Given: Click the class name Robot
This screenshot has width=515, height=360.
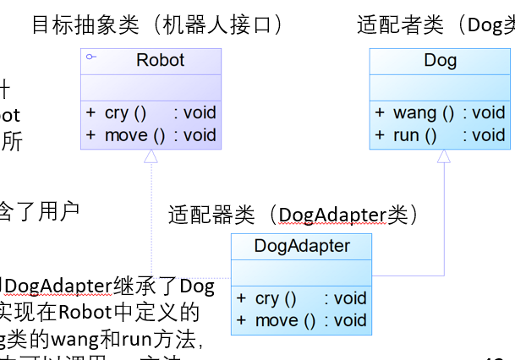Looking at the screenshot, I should click(160, 61).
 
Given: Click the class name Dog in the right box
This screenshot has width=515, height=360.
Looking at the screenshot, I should click(440, 61).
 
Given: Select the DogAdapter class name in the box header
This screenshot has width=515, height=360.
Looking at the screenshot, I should click(301, 247).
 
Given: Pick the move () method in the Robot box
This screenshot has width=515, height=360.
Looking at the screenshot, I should click(135, 134).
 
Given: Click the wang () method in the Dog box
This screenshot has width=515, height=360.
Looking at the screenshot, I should click(424, 112).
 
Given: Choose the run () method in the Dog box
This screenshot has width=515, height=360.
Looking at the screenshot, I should click(414, 134).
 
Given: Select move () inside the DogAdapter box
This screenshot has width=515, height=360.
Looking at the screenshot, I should click(286, 320).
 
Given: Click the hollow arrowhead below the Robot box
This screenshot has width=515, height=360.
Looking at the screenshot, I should click(151, 156).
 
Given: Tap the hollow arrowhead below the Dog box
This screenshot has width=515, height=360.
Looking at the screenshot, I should click(443, 156).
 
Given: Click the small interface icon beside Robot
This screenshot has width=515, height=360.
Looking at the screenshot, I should click(90, 57).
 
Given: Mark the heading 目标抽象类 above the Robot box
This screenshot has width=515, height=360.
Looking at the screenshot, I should click(85, 25).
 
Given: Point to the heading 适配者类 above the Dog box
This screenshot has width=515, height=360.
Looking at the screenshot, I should click(399, 25).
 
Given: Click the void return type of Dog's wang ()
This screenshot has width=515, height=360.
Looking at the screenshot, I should click(488, 112).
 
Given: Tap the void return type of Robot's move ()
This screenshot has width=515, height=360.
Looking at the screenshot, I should click(200, 134).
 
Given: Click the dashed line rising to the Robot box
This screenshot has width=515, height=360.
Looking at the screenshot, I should click(151, 220).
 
